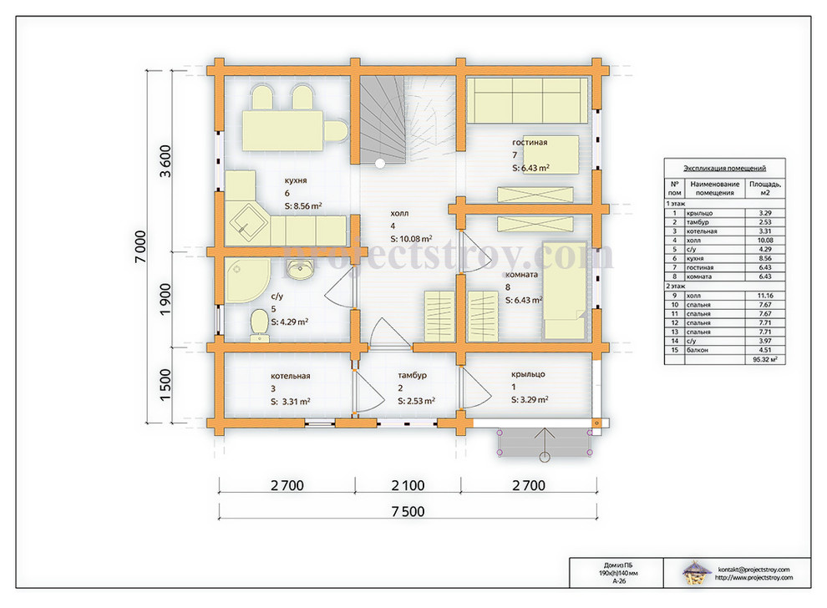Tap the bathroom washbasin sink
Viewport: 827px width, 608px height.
(300, 268)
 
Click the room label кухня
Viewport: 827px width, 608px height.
(296, 180)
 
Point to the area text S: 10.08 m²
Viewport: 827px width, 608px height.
(411, 239)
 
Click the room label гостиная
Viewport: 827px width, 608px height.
(530, 142)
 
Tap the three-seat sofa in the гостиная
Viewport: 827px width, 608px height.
(527, 101)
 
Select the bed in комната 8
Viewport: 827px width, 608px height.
(565, 291)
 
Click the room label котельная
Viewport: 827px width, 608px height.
(290, 376)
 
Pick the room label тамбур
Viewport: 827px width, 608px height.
(412, 376)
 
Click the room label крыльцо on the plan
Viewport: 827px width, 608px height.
(528, 374)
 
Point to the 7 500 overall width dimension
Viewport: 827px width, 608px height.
(408, 511)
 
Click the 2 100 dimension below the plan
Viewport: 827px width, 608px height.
(408, 486)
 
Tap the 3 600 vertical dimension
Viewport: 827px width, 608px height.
(165, 161)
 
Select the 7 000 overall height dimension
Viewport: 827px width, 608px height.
(140, 246)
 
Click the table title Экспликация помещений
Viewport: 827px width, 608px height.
(725, 168)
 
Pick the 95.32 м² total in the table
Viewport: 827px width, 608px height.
(764, 359)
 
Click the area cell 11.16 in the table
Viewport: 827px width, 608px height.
(764, 296)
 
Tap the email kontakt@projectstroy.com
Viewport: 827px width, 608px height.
(753, 570)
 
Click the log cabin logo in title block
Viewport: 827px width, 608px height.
(697, 573)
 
